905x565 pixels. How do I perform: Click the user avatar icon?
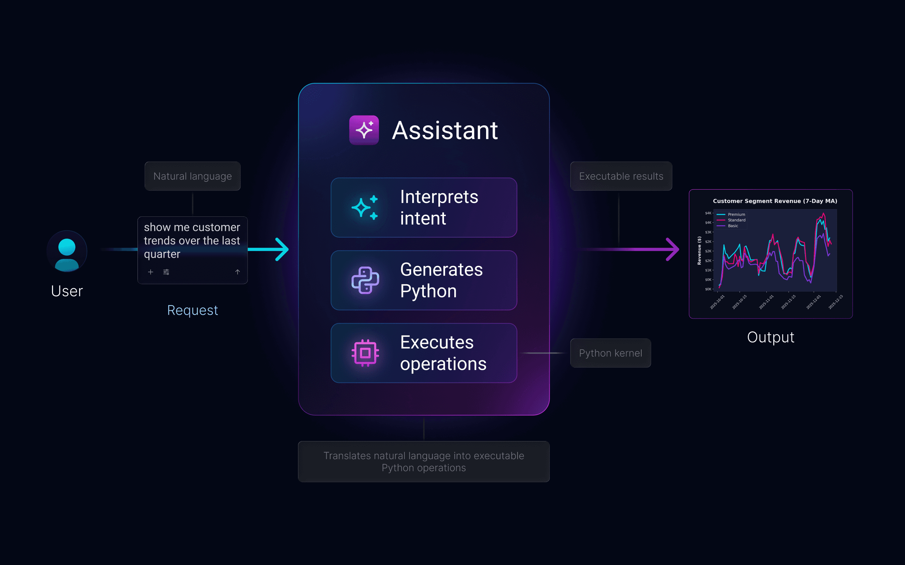click(67, 251)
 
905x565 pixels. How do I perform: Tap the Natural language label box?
click(193, 176)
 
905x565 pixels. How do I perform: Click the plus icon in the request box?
click(150, 272)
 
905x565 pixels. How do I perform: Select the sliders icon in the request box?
click(166, 272)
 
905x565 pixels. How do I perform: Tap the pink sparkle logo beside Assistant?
click(364, 130)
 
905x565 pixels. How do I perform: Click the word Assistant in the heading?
click(445, 130)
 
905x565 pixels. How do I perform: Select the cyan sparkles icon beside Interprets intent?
click(364, 207)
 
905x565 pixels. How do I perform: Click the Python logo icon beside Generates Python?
click(366, 280)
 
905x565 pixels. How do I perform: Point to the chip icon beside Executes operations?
click(366, 353)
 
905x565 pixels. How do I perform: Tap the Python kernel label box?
click(610, 353)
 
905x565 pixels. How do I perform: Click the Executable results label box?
click(621, 176)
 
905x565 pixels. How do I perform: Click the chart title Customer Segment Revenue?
click(775, 201)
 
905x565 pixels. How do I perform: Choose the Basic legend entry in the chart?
click(732, 226)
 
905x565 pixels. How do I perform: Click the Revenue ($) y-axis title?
click(699, 250)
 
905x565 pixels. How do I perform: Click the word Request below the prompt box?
click(192, 310)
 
